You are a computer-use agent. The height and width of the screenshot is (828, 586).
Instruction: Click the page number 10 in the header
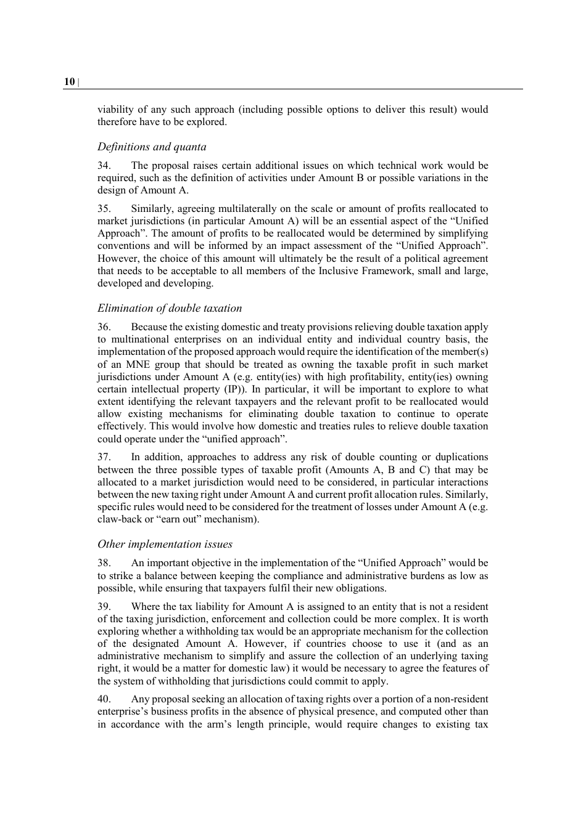tap(69, 82)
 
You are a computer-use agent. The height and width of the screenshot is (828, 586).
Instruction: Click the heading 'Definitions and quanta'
tap(152, 147)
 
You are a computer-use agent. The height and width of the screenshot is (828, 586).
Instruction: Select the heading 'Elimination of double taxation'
tap(170, 308)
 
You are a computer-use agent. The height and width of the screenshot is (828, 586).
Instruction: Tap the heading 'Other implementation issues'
tap(165, 544)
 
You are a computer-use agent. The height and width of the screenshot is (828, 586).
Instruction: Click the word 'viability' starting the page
tap(115, 110)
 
